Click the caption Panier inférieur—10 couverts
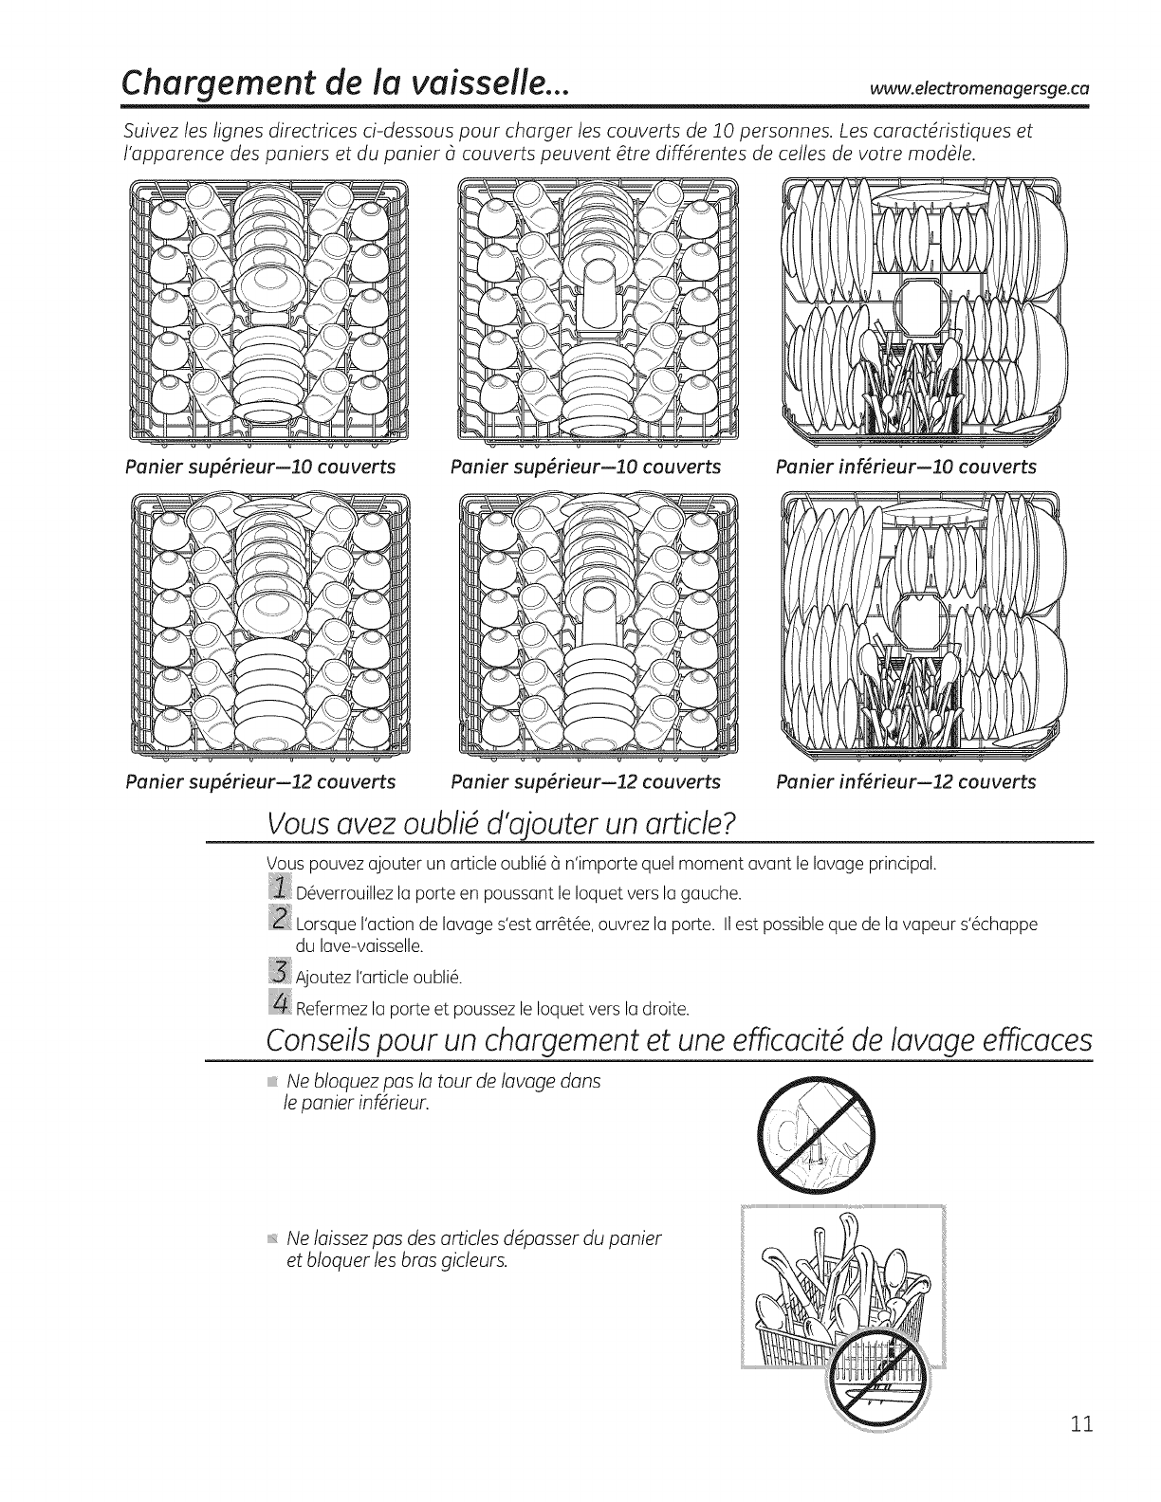pyautogui.click(x=906, y=467)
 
